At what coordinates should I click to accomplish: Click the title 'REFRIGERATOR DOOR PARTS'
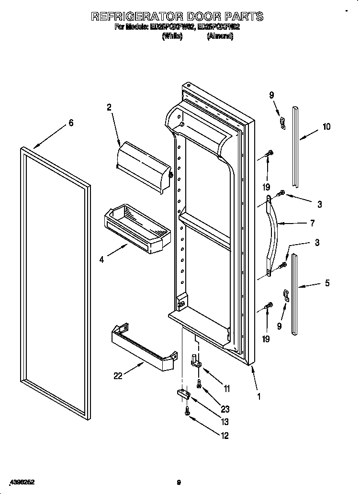pyautogui.click(x=177, y=16)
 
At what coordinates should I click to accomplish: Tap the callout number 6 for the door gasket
pyautogui.click(x=71, y=123)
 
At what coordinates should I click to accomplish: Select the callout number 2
pyautogui.click(x=109, y=108)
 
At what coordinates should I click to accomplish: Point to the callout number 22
pyautogui.click(x=118, y=376)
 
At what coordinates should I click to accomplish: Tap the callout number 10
pyautogui.click(x=326, y=127)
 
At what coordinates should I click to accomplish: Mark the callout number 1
pyautogui.click(x=259, y=396)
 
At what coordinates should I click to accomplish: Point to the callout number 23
pyautogui.click(x=225, y=409)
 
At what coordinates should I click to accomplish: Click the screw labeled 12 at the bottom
pyautogui.click(x=188, y=411)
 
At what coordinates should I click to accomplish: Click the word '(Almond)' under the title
pyautogui.click(x=220, y=37)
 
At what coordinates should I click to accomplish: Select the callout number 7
pyautogui.click(x=312, y=223)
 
